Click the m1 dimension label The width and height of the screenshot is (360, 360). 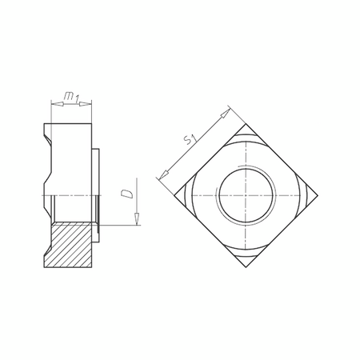[71, 97]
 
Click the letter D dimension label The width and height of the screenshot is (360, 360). [125, 194]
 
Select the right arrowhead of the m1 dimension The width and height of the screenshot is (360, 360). [89, 103]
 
